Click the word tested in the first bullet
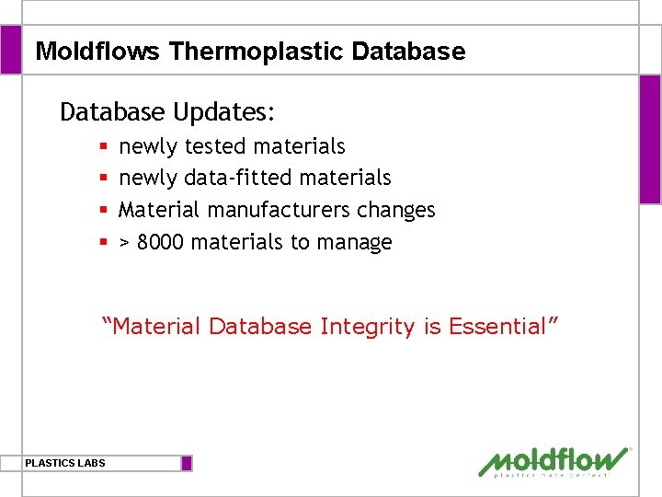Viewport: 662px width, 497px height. pyautogui.click(x=215, y=146)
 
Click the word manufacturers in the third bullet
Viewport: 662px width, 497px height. pyautogui.click(x=280, y=210)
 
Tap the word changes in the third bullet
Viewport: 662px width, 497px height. pyautogui.click(x=396, y=210)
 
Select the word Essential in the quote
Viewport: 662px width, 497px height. pyautogui.click(x=497, y=327)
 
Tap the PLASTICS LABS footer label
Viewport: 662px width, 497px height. pyautogui.click(x=65, y=463)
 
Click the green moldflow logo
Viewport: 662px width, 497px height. pyautogui.click(x=554, y=461)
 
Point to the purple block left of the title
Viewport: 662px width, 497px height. pyautogui.click(x=10, y=50)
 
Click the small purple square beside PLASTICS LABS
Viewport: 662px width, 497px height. pyautogui.click(x=187, y=463)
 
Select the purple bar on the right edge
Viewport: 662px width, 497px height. pyautogui.click(x=649, y=138)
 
